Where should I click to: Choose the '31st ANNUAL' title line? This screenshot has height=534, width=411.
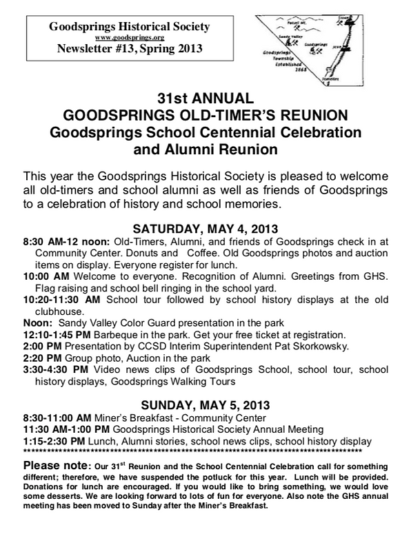tap(205, 99)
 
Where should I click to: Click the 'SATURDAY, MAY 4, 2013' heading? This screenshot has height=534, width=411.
tap(205, 227)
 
